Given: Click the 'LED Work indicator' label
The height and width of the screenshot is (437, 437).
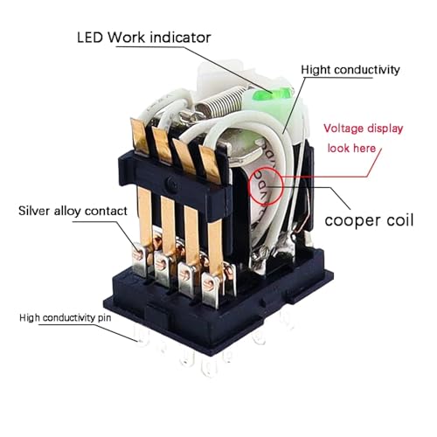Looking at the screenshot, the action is click(x=144, y=38).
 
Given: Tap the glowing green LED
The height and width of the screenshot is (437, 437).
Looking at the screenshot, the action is click(x=274, y=94).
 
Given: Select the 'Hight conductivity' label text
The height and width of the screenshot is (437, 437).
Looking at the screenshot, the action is click(x=350, y=70).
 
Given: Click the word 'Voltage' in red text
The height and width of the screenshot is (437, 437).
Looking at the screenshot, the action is click(x=343, y=128).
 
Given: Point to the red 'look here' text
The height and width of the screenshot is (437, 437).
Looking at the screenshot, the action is click(x=351, y=149).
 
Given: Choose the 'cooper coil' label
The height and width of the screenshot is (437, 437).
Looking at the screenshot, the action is click(x=369, y=220).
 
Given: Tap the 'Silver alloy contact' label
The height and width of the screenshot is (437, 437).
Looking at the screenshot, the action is click(x=73, y=211).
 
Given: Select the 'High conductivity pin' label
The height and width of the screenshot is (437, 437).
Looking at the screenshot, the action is click(x=66, y=317).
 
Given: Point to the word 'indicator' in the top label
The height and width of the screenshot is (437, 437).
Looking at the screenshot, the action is click(x=180, y=38).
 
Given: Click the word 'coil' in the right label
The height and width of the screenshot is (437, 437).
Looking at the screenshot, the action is click(x=399, y=220).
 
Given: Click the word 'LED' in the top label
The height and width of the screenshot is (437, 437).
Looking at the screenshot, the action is click(x=90, y=38).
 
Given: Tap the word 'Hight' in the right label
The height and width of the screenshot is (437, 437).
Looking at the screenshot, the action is click(x=316, y=70).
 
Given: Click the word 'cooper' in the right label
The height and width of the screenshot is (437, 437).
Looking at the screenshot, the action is click(x=352, y=221).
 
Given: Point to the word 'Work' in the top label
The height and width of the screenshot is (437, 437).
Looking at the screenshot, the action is click(x=126, y=38).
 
